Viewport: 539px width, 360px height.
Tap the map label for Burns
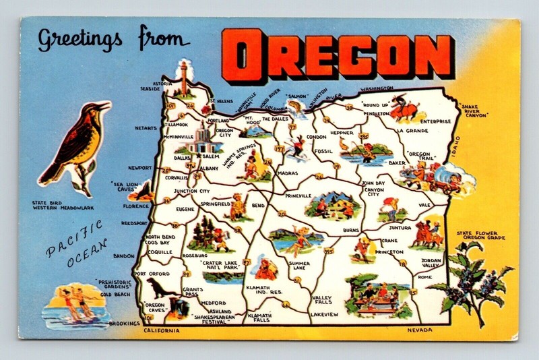pyautogui.click(x=350, y=231)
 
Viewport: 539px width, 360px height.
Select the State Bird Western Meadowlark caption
pyautogui.click(x=71, y=204)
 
